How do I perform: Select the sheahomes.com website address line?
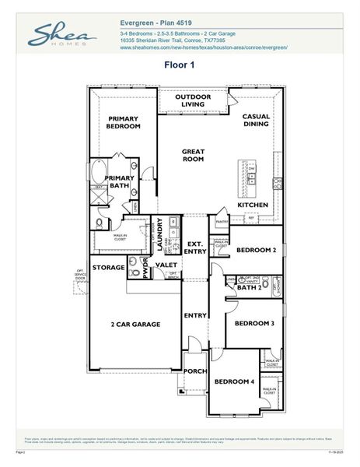pyautogui.click(x=204, y=47)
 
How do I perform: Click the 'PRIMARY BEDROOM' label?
pyautogui.click(x=124, y=122)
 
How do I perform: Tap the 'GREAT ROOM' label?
pyautogui.click(x=193, y=155)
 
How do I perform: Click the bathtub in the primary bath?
pyautogui.click(x=100, y=171)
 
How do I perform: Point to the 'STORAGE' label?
pyautogui.click(x=108, y=267)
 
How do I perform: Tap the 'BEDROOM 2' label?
pyautogui.click(x=256, y=250)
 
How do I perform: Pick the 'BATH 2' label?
pyautogui.click(x=250, y=287)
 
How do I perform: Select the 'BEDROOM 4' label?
pyautogui.click(x=235, y=381)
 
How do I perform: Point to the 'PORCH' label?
pyautogui.click(x=194, y=370)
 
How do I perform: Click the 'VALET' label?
pyautogui.click(x=166, y=265)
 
